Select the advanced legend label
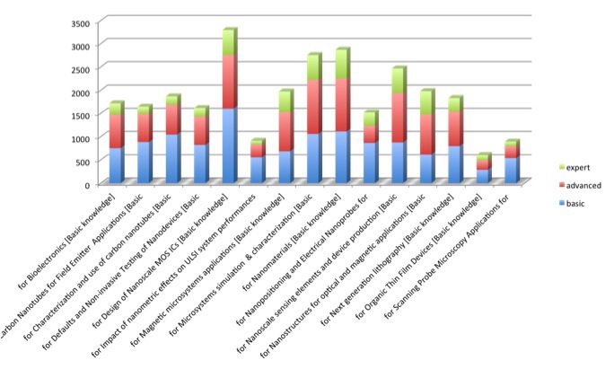[x=581, y=184]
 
